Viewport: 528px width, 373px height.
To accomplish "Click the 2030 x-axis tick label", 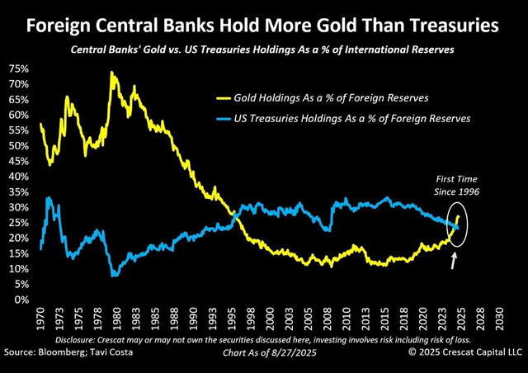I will (x=497, y=318).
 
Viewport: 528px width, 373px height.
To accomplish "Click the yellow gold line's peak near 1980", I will (x=111, y=73).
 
